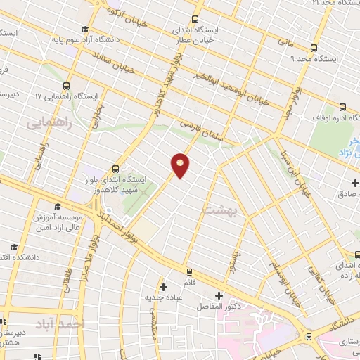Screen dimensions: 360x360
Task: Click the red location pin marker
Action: [x=180, y=165]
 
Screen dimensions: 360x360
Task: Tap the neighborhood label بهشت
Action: [x=221, y=210]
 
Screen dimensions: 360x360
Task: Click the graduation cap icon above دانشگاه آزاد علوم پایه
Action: [x=84, y=30]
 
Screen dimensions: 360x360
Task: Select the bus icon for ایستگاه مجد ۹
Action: [x=313, y=49]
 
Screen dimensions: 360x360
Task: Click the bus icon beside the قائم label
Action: [x=189, y=271]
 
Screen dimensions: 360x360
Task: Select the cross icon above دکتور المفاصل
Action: [x=218, y=295]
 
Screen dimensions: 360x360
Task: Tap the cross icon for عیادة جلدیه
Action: [x=163, y=287]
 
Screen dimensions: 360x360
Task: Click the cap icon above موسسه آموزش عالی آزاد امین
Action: [x=58, y=206]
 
